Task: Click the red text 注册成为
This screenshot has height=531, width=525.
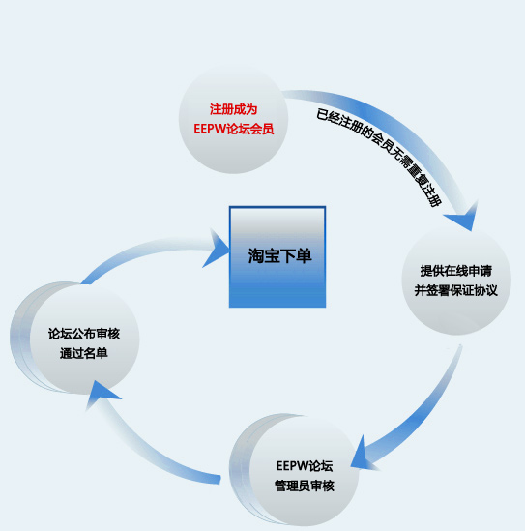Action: pos(234,109)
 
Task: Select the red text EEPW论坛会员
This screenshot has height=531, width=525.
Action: pos(234,129)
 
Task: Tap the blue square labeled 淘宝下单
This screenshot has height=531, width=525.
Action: pos(277,256)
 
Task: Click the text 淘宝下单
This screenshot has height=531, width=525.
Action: pos(279,255)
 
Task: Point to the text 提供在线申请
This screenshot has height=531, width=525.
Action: pos(456,271)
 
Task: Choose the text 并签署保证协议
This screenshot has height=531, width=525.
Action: pos(456,290)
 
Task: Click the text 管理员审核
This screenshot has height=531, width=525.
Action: pos(305,486)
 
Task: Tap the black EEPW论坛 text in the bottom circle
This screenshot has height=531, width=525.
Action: pos(305,466)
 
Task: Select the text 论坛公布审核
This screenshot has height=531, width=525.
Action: pos(84,334)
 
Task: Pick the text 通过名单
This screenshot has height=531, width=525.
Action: pos(84,353)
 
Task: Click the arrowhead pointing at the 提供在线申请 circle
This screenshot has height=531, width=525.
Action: pos(463,216)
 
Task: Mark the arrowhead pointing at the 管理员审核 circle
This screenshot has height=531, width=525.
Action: pos(362,456)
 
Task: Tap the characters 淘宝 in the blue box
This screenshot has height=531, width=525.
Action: pos(264,255)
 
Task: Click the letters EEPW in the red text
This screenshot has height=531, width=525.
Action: pos(210,129)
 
